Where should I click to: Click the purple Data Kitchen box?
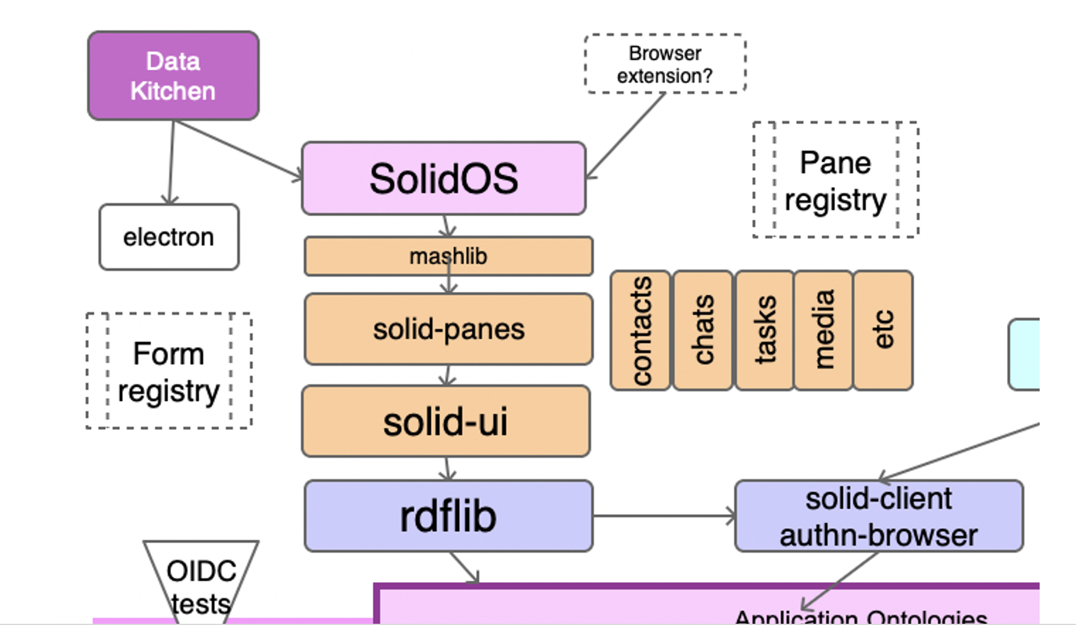pos(173,76)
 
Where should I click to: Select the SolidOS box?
pos(443,179)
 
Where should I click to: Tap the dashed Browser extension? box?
pos(665,64)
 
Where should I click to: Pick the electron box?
pos(169,237)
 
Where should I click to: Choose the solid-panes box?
pos(448,329)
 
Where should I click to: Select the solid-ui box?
pos(446,421)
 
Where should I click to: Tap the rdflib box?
pos(448,516)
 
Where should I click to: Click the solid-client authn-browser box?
pos(878,516)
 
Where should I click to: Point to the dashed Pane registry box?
pos(835,180)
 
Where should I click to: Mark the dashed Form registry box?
pos(169,371)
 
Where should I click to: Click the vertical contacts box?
pos(640,331)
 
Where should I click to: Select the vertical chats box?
pos(703,331)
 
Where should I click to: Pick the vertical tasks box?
pos(765,331)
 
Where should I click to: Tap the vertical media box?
pos(823,331)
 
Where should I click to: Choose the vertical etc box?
pos(883,331)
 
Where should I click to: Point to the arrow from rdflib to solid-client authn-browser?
pos(663,516)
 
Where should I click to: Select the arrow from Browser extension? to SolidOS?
pos(627,135)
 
